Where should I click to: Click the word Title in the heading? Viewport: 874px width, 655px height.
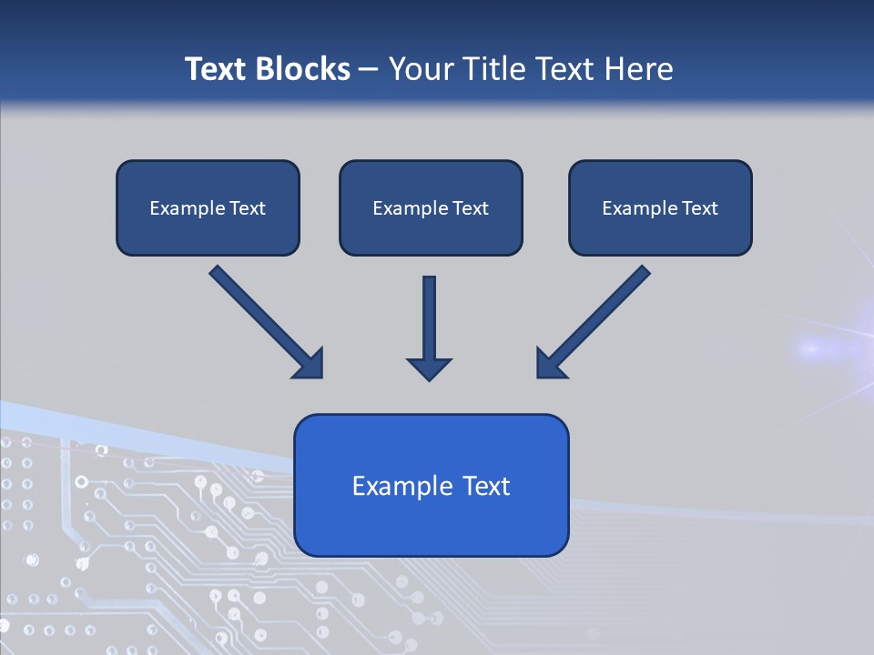[x=495, y=68]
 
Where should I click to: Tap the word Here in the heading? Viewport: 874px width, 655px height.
[x=639, y=68]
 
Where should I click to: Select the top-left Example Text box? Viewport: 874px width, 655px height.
[x=208, y=207]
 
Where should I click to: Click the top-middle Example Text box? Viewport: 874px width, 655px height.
[x=431, y=207]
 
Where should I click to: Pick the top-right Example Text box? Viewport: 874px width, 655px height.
[x=661, y=207]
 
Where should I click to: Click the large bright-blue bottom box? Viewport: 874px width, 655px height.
[x=432, y=485]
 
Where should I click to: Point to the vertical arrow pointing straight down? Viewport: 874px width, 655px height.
[x=429, y=328]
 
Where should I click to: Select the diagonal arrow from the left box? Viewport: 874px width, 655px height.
[x=267, y=322]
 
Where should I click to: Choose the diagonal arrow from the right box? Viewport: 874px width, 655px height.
[x=594, y=322]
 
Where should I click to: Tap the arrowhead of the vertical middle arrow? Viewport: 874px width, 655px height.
[x=429, y=370]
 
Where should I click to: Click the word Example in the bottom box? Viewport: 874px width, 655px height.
[x=396, y=486]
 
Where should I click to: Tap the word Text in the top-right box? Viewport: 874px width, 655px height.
[x=699, y=207]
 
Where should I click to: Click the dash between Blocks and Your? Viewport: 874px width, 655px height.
[x=369, y=70]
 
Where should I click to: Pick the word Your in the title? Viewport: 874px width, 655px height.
[x=422, y=68]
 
